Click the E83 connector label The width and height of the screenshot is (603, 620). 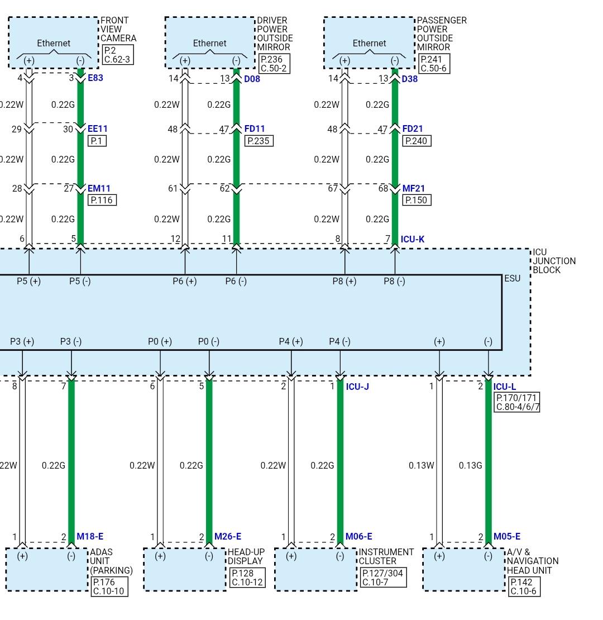pyautogui.click(x=95, y=78)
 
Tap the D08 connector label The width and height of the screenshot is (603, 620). pyautogui.click(x=252, y=79)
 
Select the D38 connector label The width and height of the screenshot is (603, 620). pyautogui.click(x=410, y=79)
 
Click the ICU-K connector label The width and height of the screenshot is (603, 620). pyautogui.click(x=413, y=239)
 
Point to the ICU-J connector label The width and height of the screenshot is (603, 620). pyautogui.click(x=357, y=387)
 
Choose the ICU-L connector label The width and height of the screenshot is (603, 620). pyautogui.click(x=505, y=387)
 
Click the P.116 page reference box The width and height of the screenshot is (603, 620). pyautogui.click(x=102, y=200)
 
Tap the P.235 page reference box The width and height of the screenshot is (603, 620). pyautogui.click(x=259, y=141)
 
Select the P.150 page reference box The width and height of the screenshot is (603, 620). pyautogui.click(x=417, y=200)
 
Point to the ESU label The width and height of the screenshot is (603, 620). pyautogui.click(x=513, y=278)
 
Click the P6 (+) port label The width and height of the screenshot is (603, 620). pyautogui.click(x=185, y=281)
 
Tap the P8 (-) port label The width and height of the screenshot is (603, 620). pyautogui.click(x=394, y=281)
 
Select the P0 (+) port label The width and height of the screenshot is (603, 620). pyautogui.click(x=160, y=341)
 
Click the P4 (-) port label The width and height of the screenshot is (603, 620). pyautogui.click(x=340, y=341)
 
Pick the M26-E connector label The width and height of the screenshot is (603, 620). pyautogui.click(x=228, y=536)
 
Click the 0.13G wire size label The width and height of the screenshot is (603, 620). pyautogui.click(x=470, y=465)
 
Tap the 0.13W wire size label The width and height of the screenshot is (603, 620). pyautogui.click(x=421, y=465)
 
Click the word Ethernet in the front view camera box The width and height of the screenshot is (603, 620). pyautogui.click(x=54, y=43)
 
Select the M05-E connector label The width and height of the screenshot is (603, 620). pyautogui.click(x=507, y=536)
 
